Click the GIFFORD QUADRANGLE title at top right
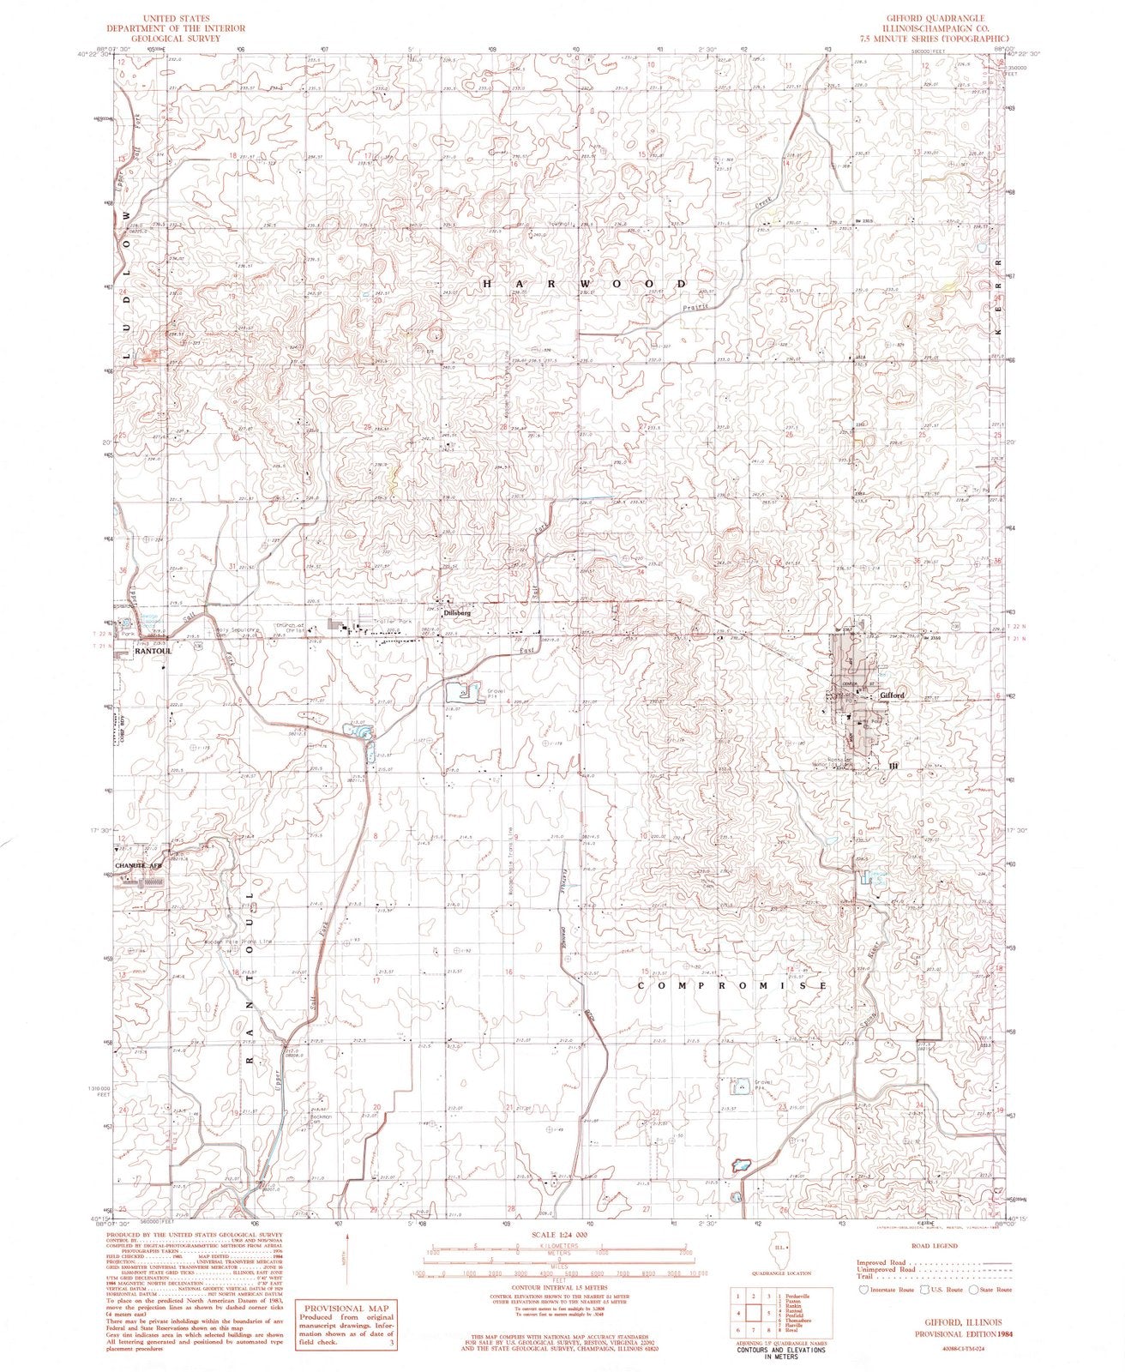click(x=929, y=17)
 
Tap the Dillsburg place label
click(x=455, y=614)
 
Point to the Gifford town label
click(x=887, y=695)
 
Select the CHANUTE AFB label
click(x=138, y=866)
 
